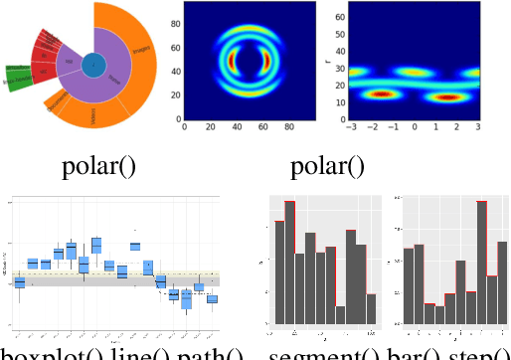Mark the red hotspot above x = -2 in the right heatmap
(379, 95)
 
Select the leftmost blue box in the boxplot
(19, 282)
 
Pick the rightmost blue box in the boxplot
(212, 298)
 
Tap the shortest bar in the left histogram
(340, 314)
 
